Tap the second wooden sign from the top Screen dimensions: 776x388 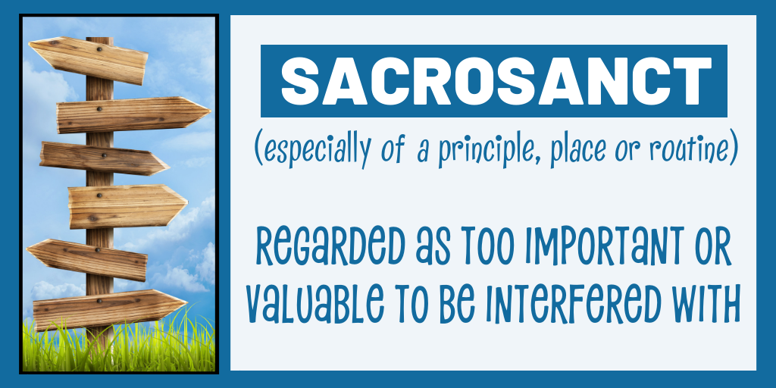pos(133,115)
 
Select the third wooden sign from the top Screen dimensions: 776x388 pos(105,158)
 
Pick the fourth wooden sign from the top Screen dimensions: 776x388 pos(127,206)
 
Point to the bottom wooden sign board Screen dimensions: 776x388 pos(110,309)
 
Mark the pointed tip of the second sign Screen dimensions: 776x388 pos(211,112)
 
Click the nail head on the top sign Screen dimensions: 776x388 pos(99,49)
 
